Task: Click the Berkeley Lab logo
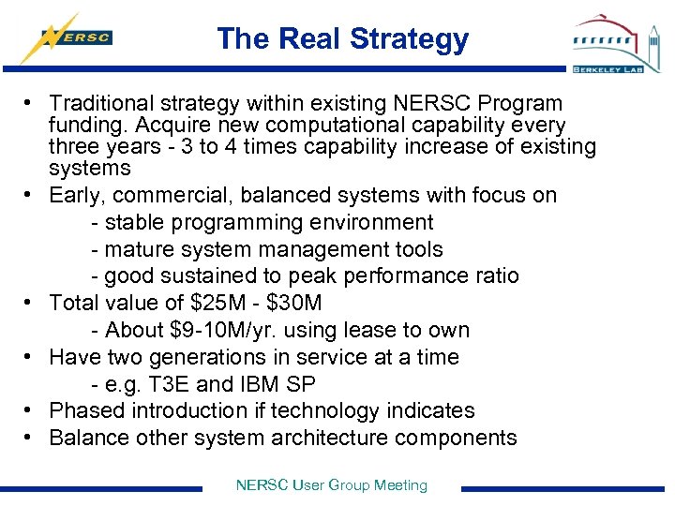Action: point(615,43)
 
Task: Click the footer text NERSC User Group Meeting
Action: point(332,485)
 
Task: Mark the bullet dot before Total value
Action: point(32,304)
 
